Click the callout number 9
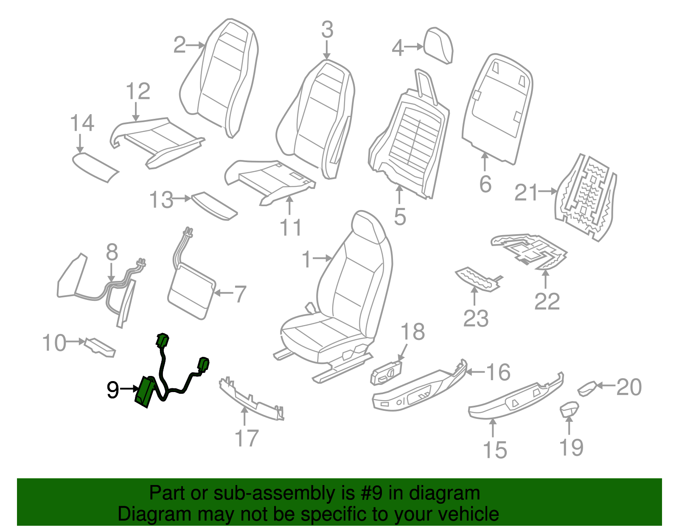pos(113,390)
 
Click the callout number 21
pos(526,192)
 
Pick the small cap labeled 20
pos(588,388)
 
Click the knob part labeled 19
pos(569,409)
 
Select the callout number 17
pos(247,438)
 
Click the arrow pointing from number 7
pos(224,293)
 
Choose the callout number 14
pos(82,123)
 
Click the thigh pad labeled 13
pos(214,206)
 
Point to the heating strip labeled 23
pos(477,279)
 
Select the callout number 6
pos(485,184)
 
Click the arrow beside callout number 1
pos(322,258)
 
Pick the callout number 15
pos(495,450)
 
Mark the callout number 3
pos(327,30)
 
